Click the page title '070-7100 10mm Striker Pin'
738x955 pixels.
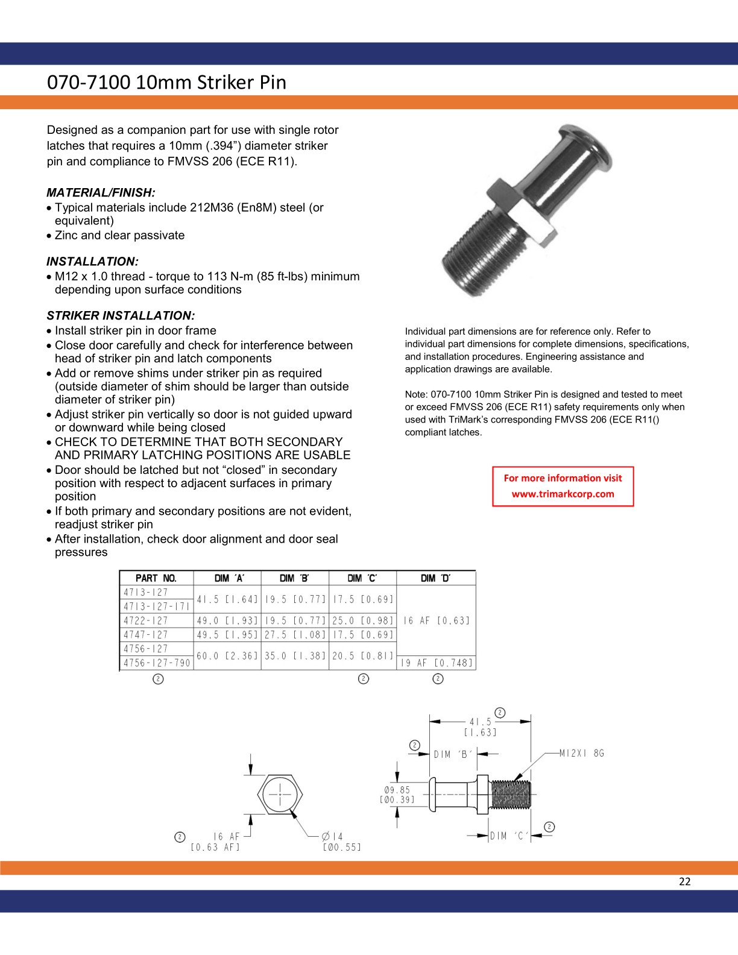166,82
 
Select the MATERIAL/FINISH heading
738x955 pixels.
101,192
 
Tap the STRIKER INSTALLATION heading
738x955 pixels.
121,316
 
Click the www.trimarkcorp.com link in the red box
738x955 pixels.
563,494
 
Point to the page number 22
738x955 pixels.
684,881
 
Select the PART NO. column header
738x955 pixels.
156,578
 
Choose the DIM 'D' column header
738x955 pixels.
436,578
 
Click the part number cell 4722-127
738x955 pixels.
146,620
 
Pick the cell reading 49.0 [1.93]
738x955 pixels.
227,620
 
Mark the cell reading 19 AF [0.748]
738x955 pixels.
436,663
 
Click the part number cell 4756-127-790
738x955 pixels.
157,663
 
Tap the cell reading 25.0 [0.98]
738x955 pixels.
362,620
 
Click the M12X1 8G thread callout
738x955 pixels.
581,753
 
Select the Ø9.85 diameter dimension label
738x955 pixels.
396,795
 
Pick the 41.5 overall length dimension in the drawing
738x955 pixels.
480,721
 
